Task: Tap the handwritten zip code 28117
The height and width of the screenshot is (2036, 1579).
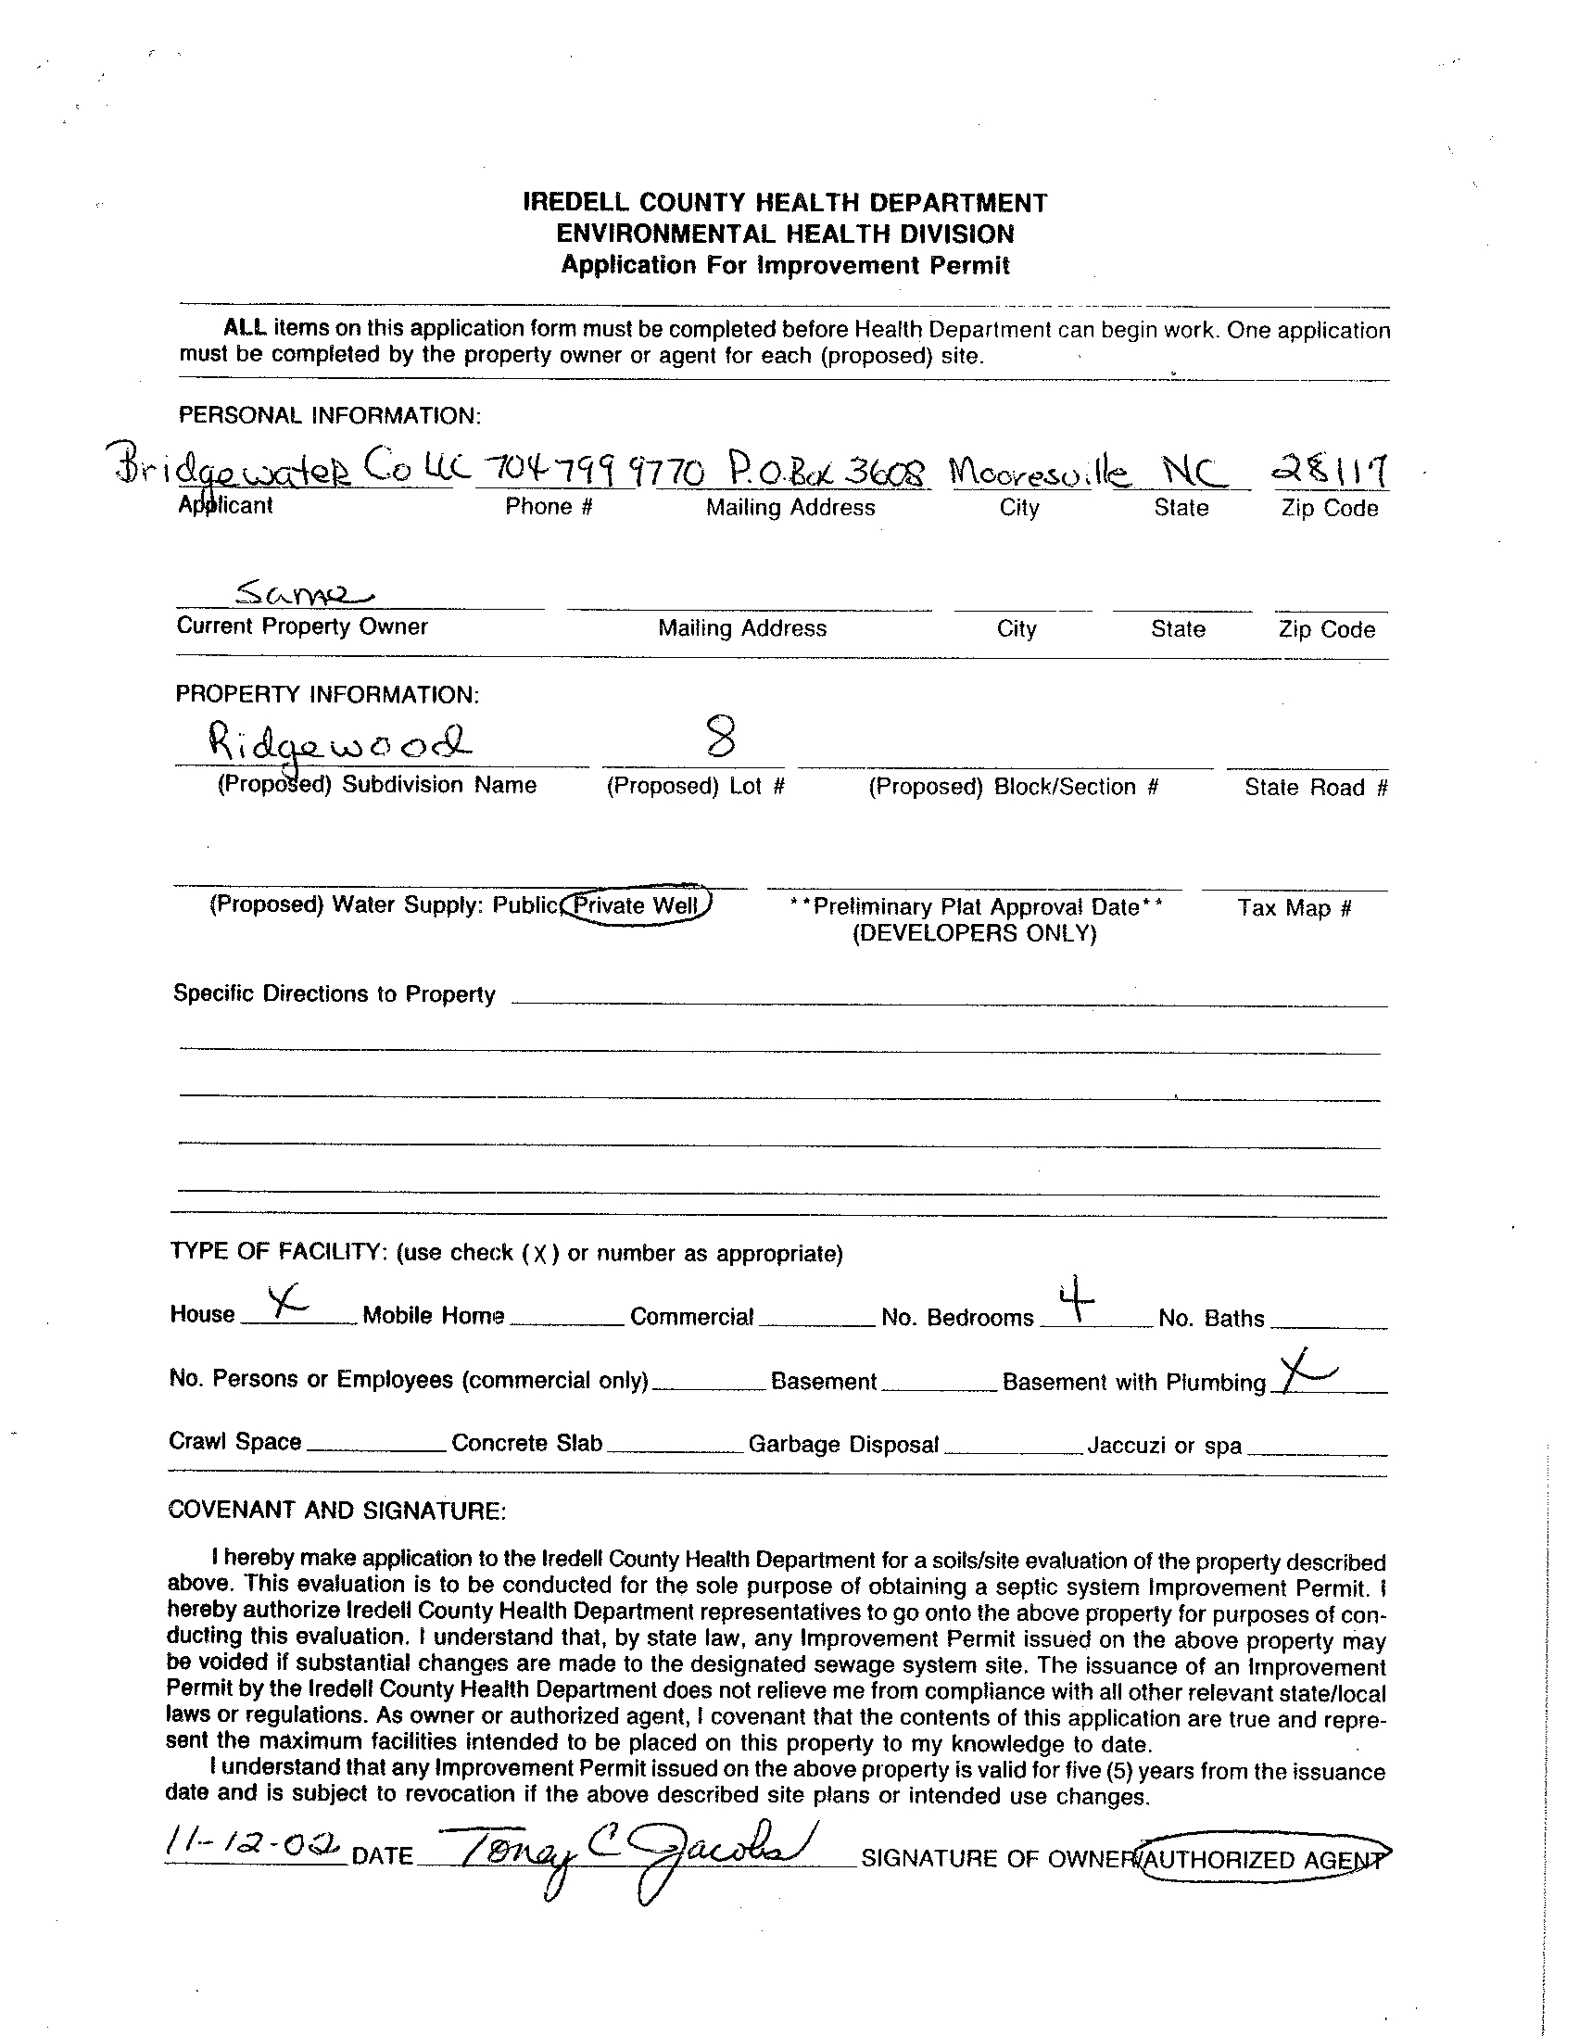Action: (x=1329, y=471)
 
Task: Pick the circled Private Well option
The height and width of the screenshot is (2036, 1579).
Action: (x=638, y=905)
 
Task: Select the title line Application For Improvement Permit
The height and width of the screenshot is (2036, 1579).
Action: (x=785, y=266)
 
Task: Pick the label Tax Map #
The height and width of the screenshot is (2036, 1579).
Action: (x=1294, y=908)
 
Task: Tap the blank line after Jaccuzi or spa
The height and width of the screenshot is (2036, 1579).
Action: (x=1316, y=1450)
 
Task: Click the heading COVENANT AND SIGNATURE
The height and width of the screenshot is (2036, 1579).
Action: (x=337, y=1511)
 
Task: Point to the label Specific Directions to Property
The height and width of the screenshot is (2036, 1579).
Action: (x=335, y=993)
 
